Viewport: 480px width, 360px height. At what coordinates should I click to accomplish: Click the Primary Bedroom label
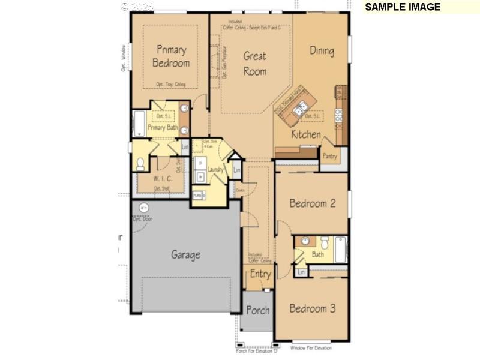click(171, 56)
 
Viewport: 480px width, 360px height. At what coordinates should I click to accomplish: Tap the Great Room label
click(254, 63)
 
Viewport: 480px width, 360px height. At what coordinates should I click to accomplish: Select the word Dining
click(322, 50)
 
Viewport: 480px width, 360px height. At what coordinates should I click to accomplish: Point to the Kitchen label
click(306, 134)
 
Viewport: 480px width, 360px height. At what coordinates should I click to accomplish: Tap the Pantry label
click(329, 156)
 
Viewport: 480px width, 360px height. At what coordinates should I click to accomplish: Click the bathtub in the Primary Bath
click(139, 124)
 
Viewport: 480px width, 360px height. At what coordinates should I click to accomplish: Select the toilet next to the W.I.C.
click(141, 163)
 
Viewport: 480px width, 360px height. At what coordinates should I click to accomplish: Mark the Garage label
click(185, 254)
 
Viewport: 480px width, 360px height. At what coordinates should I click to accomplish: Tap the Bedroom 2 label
click(312, 203)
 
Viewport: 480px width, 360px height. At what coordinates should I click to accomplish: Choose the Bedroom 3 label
click(312, 308)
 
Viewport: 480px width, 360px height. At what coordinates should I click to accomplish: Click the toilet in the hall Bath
click(323, 243)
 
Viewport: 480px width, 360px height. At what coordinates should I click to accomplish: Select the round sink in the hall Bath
click(306, 241)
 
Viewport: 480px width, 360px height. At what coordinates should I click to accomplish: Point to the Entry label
click(260, 274)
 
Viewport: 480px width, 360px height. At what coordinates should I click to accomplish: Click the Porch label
click(257, 310)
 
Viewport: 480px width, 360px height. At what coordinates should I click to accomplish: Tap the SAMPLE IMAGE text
click(403, 7)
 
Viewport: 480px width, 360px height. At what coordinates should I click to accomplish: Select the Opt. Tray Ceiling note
click(170, 85)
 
